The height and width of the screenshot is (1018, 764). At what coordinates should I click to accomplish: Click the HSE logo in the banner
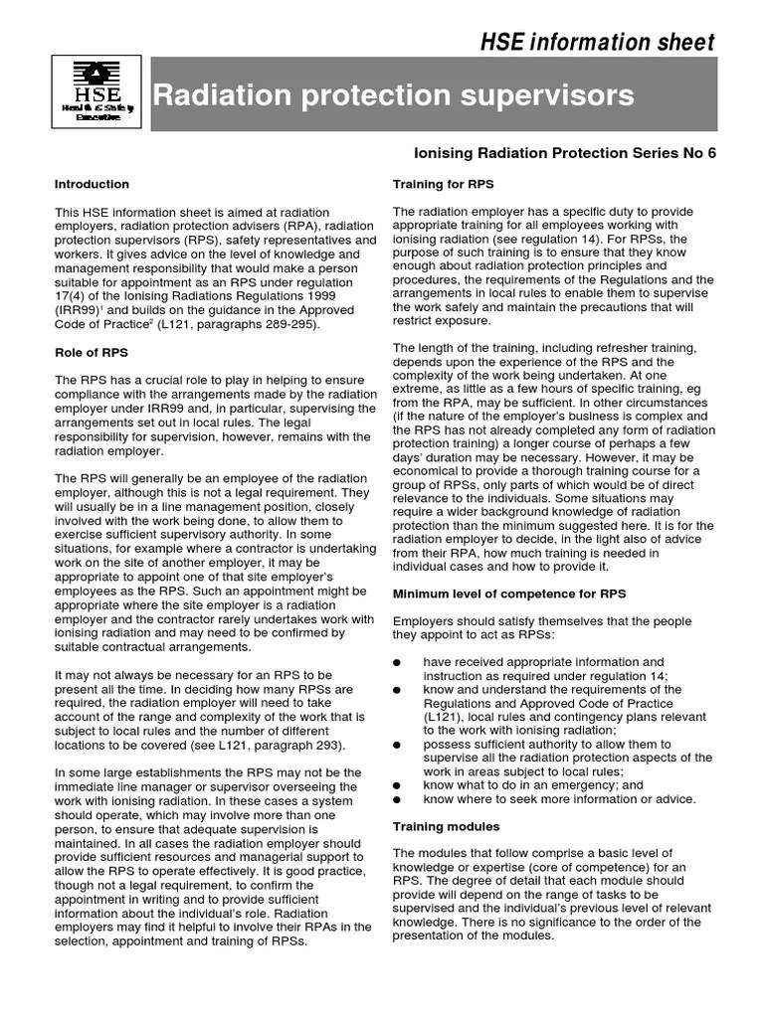(96, 92)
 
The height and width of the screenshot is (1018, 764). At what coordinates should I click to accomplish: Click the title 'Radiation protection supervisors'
(392, 95)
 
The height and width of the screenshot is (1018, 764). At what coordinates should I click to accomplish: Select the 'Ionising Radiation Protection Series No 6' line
(564, 153)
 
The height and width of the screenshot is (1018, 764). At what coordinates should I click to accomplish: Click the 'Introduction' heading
(92, 184)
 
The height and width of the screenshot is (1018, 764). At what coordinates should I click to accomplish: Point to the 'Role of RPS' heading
(91, 353)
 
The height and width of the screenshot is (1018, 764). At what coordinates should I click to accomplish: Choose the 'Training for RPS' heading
(443, 184)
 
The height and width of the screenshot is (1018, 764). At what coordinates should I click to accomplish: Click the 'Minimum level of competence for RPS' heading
(509, 594)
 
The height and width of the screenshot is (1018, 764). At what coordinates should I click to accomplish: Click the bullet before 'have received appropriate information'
(398, 662)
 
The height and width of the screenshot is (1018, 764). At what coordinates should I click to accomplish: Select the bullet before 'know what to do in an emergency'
(398, 785)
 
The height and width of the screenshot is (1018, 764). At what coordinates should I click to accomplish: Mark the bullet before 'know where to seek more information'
(398, 799)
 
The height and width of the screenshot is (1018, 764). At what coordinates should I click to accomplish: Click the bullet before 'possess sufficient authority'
(398, 745)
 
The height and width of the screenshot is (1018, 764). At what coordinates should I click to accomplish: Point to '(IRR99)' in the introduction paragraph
(79, 310)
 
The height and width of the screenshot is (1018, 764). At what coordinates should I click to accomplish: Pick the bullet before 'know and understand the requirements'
(398, 690)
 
